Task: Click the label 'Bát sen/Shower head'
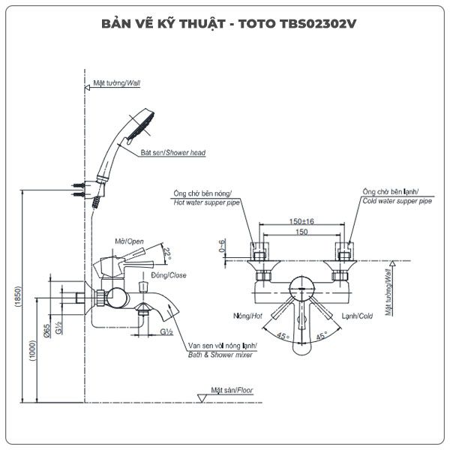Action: (173, 152)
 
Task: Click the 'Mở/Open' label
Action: (130, 241)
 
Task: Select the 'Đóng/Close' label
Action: (169, 275)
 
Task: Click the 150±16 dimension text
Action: (301, 221)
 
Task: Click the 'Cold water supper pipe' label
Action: (397, 201)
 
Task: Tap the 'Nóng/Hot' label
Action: (247, 316)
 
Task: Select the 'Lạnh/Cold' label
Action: (357, 316)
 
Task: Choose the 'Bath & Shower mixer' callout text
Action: (220, 353)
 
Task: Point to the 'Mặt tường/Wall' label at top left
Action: (117, 84)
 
